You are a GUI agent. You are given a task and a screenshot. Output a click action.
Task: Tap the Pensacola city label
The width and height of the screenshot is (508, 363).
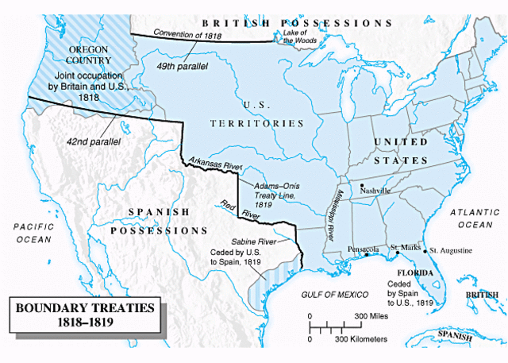tap(361, 249)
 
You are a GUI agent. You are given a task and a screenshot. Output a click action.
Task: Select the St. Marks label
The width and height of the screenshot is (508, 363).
tap(403, 246)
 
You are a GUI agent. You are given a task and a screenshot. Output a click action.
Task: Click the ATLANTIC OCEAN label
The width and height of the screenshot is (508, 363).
tap(473, 219)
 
